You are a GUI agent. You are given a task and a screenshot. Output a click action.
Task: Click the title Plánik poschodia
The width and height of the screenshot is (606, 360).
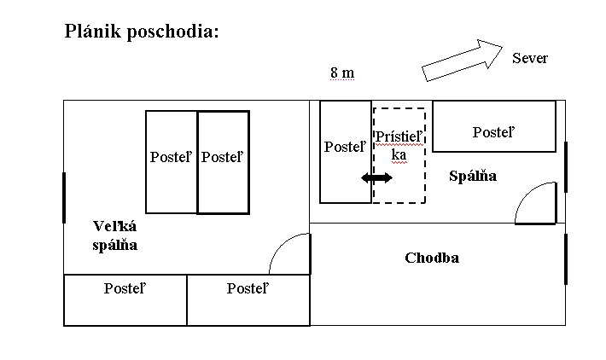(x=143, y=32)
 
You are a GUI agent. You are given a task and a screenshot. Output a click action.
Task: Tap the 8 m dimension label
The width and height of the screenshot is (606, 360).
(x=341, y=73)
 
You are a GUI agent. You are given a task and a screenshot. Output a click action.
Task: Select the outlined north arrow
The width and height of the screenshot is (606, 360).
(x=462, y=60)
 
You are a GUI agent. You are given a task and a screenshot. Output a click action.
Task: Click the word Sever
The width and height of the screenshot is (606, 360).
(x=529, y=59)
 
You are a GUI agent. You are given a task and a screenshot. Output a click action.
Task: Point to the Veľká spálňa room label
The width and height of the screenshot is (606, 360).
(x=115, y=235)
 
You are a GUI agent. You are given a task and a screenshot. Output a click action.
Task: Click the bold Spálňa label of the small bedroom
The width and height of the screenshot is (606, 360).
(x=473, y=176)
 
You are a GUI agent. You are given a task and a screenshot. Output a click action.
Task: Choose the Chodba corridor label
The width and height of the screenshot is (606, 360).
(x=432, y=258)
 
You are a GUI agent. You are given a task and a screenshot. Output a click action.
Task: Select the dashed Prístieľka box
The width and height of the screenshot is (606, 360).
(x=399, y=155)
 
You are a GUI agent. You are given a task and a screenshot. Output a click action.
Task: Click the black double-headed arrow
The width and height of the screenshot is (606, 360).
(x=376, y=177)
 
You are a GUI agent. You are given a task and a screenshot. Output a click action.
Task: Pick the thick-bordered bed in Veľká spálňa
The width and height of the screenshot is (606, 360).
(x=223, y=162)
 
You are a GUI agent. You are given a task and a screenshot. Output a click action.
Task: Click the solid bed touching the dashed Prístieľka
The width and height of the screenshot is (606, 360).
(x=346, y=152)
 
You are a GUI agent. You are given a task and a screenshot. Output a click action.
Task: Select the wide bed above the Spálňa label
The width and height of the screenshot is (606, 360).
(x=493, y=126)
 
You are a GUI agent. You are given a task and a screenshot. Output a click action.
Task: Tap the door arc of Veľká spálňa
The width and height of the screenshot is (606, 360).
(x=288, y=253)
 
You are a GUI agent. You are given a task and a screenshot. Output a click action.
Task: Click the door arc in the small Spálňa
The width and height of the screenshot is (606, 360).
(x=536, y=203)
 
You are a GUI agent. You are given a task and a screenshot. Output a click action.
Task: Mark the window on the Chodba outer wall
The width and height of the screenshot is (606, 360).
(x=565, y=258)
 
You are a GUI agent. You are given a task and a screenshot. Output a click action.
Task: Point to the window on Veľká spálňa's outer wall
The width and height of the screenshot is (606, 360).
(x=64, y=197)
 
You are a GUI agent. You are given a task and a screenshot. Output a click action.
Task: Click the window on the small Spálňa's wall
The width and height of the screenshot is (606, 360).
(x=565, y=167)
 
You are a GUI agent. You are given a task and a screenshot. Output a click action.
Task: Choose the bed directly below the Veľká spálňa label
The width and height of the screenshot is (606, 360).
(x=125, y=299)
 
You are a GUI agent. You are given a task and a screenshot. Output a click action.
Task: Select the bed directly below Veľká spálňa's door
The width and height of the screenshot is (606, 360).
(x=248, y=299)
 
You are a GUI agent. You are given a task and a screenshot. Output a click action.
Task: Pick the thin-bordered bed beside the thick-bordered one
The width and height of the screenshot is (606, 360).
(x=172, y=162)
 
